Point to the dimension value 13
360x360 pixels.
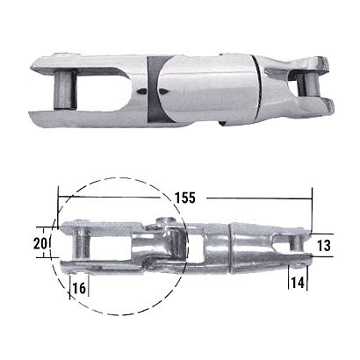[324, 246]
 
